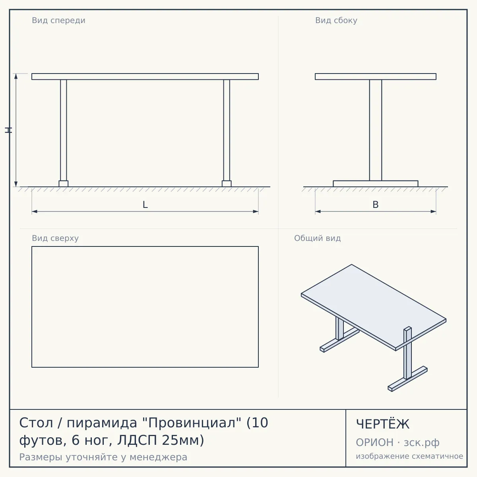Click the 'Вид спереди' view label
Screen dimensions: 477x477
point(58,20)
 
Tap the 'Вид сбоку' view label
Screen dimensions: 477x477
point(336,20)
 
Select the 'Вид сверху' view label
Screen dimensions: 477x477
point(55,238)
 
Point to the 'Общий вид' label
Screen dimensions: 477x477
point(317,238)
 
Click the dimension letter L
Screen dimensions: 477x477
point(145,205)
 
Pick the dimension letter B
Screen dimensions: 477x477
point(376,205)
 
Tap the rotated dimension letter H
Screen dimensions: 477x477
point(8,130)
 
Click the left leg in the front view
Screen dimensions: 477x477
point(63,130)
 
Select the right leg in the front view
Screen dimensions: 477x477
point(227,130)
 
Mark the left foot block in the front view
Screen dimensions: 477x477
point(63,184)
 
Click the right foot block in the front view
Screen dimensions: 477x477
point(227,184)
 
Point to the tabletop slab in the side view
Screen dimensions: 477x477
point(376,76)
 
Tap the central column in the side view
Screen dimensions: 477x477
point(376,130)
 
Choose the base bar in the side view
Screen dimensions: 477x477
point(376,184)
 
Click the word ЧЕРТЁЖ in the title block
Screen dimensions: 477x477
point(383,424)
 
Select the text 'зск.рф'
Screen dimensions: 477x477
point(422,442)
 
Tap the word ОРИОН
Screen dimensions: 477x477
point(374,442)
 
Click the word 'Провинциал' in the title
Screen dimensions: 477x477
point(192,423)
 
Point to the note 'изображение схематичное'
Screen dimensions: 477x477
point(409,456)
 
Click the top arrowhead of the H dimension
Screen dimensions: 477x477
point(16,76)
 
